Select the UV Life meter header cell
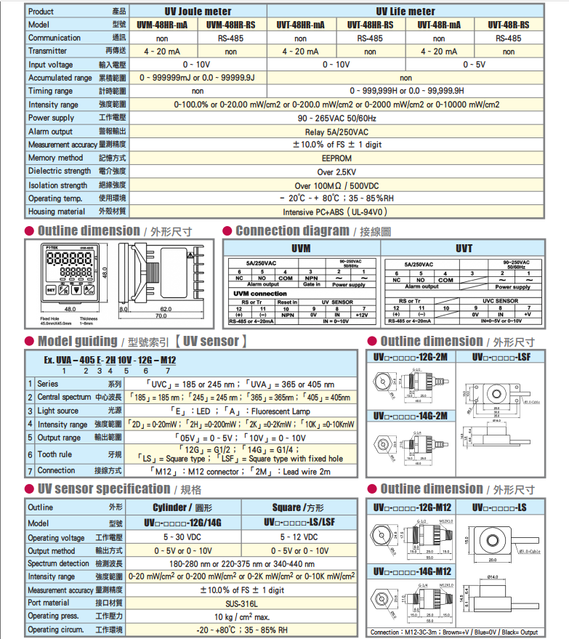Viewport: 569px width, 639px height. coord(405,11)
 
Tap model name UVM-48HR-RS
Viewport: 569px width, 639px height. coord(230,24)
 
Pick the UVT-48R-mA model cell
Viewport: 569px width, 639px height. coord(439,24)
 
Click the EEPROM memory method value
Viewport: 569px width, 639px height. coord(336,158)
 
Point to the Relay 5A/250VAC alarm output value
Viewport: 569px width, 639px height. coord(336,132)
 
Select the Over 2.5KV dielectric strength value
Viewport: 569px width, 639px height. coord(336,172)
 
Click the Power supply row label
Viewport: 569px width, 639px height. coord(51,118)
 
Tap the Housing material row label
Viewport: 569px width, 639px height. coord(56,212)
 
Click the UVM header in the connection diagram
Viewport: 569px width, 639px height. coord(301,249)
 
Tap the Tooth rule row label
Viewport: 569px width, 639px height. coord(55,454)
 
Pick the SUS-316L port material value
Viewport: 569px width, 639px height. coord(241,602)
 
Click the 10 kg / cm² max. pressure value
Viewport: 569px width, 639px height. coord(241,616)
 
